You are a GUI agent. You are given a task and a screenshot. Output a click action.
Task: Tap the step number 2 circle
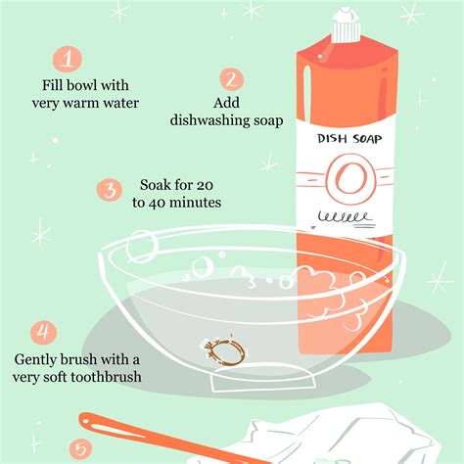[x=232, y=78]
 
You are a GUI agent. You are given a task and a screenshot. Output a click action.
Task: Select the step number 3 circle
[x=111, y=190]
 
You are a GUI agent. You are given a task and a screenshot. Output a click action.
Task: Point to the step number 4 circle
[x=43, y=333]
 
